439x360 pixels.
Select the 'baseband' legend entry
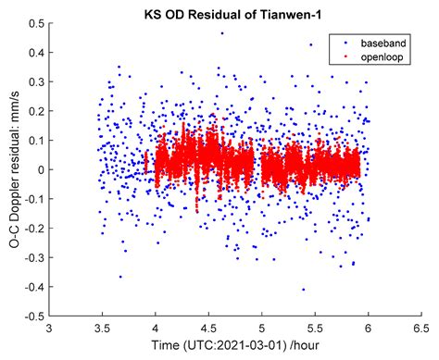tap(369, 43)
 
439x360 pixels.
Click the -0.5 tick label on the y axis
tap(33, 316)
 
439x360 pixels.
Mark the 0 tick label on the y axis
tap(40, 169)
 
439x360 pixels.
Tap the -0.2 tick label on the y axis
tap(33, 228)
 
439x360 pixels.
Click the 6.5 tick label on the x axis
tap(422, 328)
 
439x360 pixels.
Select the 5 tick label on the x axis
tap(262, 328)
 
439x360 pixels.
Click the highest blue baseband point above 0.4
tap(221, 33)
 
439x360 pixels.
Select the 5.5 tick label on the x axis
tap(316, 328)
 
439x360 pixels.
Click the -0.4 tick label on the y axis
tap(33, 286)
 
